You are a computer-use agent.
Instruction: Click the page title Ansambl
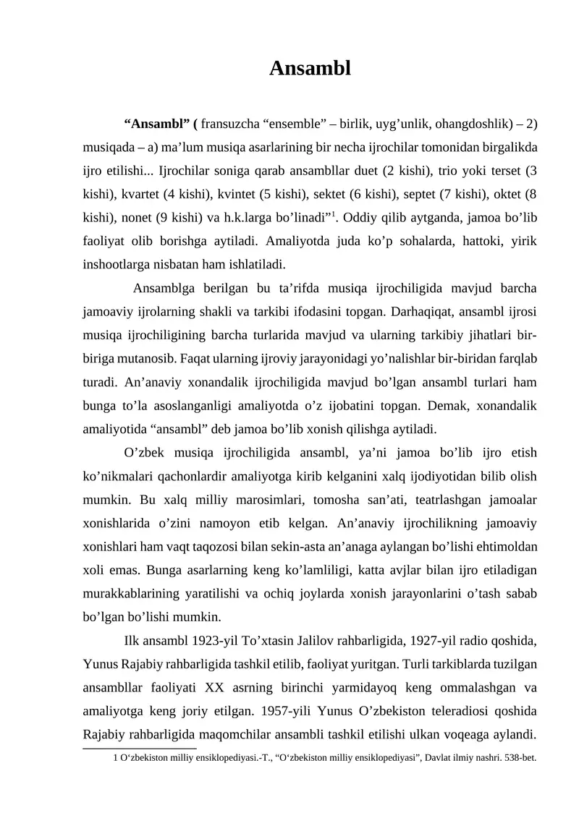click(310, 69)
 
